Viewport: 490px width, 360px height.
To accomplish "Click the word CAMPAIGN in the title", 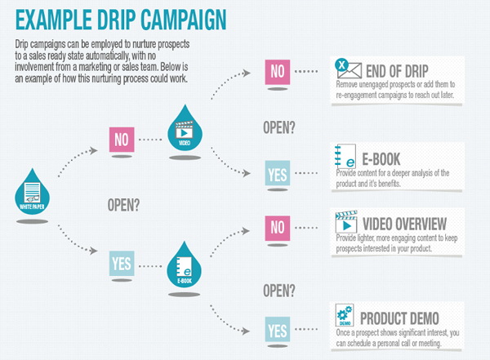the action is coord(184,20).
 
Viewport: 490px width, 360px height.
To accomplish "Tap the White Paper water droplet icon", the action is coord(32,192).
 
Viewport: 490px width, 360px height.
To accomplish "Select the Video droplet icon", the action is coord(185,128).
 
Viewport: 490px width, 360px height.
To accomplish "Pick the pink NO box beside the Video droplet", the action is coord(122,140).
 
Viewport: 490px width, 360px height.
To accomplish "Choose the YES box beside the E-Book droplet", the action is coord(122,263).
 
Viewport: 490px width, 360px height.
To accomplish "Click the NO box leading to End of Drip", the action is coord(278,72).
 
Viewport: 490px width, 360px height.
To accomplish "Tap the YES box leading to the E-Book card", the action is coord(278,173).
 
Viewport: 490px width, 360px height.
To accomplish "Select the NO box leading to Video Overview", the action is coord(278,228).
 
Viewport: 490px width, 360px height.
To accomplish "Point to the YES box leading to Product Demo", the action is coord(278,329).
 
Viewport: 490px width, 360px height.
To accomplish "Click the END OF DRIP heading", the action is coord(397,71).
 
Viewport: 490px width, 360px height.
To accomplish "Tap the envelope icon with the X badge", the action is coord(348,69).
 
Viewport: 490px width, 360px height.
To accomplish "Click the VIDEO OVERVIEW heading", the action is coord(404,224).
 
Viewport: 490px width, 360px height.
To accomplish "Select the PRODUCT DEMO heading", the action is coord(399,318).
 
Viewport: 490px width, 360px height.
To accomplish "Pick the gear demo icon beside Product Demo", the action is coord(345,314).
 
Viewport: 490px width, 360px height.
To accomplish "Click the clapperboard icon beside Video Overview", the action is coord(346,221).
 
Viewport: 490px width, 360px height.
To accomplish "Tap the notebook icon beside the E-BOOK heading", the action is coord(345,156).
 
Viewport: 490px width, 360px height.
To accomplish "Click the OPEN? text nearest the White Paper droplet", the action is coord(123,205).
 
